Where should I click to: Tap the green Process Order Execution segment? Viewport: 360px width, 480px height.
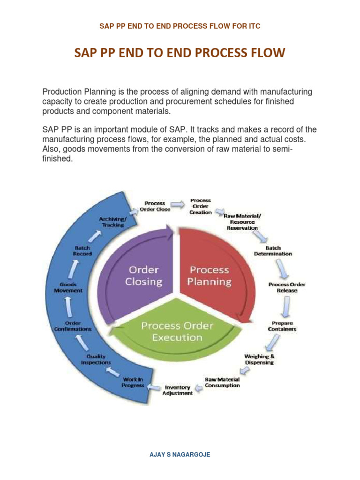coord(177,330)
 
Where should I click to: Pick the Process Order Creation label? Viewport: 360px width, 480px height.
coord(201,206)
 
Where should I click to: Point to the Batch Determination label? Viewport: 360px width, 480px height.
coord(273,250)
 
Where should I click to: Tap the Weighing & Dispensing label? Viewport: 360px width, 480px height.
coord(259,359)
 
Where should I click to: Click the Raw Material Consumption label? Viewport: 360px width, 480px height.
coord(222,382)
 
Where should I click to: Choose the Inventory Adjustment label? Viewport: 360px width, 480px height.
coord(177,390)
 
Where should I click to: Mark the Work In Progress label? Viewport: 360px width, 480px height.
coord(133,382)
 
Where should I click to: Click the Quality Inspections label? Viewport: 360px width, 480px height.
coord(96,360)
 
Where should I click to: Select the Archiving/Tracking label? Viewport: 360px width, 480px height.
coord(111,222)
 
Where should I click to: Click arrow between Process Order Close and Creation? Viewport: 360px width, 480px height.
coord(177,204)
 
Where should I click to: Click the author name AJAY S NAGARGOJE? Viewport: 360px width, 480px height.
coord(180,454)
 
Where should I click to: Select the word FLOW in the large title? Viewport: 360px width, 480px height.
coord(266,53)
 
